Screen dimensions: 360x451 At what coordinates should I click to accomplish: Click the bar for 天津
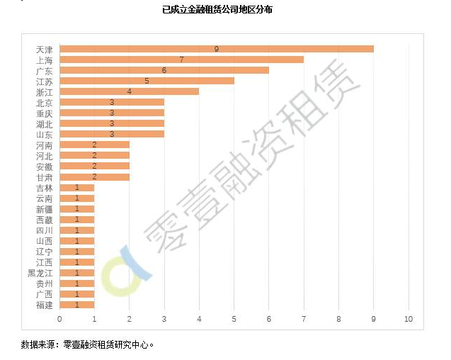216,49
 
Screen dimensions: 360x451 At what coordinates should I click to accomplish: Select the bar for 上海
181,60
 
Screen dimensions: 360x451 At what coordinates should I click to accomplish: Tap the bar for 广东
164,70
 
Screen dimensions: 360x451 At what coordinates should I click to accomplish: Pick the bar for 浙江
129,91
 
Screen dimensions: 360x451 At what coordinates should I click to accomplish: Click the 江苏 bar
147,81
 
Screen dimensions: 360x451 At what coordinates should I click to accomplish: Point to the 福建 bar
76,305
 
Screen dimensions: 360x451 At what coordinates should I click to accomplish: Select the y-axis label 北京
44,103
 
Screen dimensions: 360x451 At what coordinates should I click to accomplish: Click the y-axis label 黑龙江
40,273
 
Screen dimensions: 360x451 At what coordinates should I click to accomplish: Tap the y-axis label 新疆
44,209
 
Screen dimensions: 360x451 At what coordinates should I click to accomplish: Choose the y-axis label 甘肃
44,177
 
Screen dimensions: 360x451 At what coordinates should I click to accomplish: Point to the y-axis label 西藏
44,220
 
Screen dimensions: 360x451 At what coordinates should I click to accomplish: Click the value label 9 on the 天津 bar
216,49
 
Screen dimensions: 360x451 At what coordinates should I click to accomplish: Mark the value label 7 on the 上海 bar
181,60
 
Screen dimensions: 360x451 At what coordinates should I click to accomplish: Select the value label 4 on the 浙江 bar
129,91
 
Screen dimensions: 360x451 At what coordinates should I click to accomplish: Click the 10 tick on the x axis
408,320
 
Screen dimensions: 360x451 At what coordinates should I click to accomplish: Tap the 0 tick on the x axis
59,320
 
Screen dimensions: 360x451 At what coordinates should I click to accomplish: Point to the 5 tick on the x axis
234,320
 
